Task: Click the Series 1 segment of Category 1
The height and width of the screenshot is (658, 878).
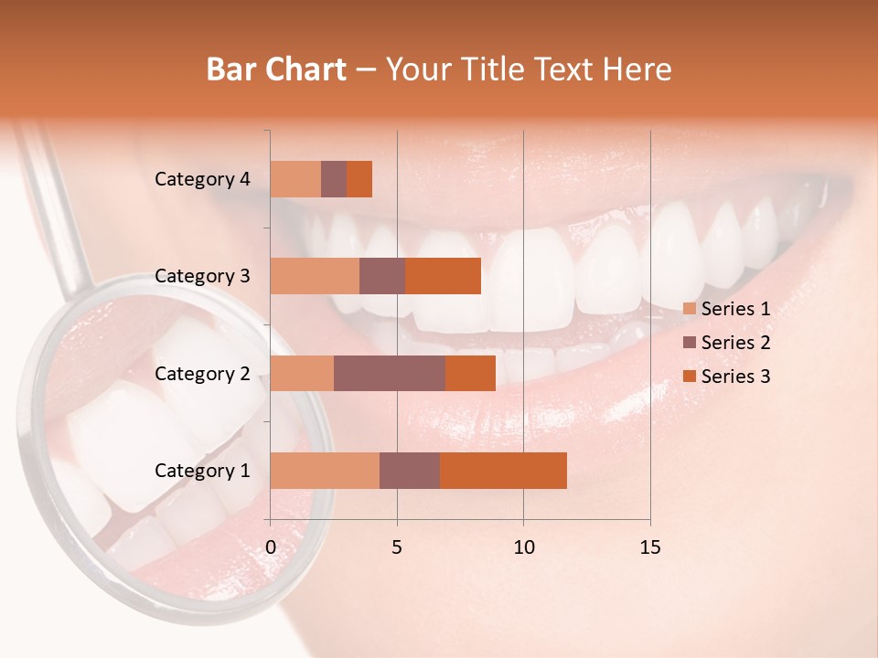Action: pyautogui.click(x=325, y=471)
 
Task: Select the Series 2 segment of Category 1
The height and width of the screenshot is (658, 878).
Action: pyautogui.click(x=410, y=471)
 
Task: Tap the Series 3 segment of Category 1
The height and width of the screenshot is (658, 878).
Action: pyautogui.click(x=503, y=471)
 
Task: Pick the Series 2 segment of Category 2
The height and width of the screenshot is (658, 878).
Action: pyautogui.click(x=390, y=373)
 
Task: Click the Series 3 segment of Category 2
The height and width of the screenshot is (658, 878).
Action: pyautogui.click(x=470, y=373)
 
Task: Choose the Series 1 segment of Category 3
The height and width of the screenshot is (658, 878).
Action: pyautogui.click(x=315, y=276)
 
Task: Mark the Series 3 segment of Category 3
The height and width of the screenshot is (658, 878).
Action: pyautogui.click(x=443, y=276)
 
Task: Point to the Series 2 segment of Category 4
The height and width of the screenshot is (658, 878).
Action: pyautogui.click(x=334, y=179)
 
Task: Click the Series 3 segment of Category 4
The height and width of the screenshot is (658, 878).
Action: pyautogui.click(x=359, y=179)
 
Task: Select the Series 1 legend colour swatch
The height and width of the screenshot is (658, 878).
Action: pyautogui.click(x=689, y=309)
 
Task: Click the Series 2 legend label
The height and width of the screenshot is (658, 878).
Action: pyautogui.click(x=735, y=343)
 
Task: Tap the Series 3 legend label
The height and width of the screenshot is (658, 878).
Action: pyautogui.click(x=735, y=377)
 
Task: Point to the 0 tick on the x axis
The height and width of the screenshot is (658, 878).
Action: pyautogui.click(x=271, y=547)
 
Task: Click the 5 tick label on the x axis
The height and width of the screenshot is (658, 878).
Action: pyautogui.click(x=397, y=547)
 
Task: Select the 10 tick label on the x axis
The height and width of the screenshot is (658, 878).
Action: pyautogui.click(x=523, y=547)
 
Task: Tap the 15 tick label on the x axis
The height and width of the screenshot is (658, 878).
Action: pyautogui.click(x=649, y=547)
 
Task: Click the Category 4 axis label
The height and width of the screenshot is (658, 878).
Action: pyautogui.click(x=202, y=179)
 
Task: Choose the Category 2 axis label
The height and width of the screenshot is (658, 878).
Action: pyautogui.click(x=202, y=373)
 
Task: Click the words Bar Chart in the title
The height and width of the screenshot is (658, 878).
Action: pyautogui.click(x=276, y=69)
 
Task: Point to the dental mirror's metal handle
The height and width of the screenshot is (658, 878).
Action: pyautogui.click(x=57, y=201)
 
